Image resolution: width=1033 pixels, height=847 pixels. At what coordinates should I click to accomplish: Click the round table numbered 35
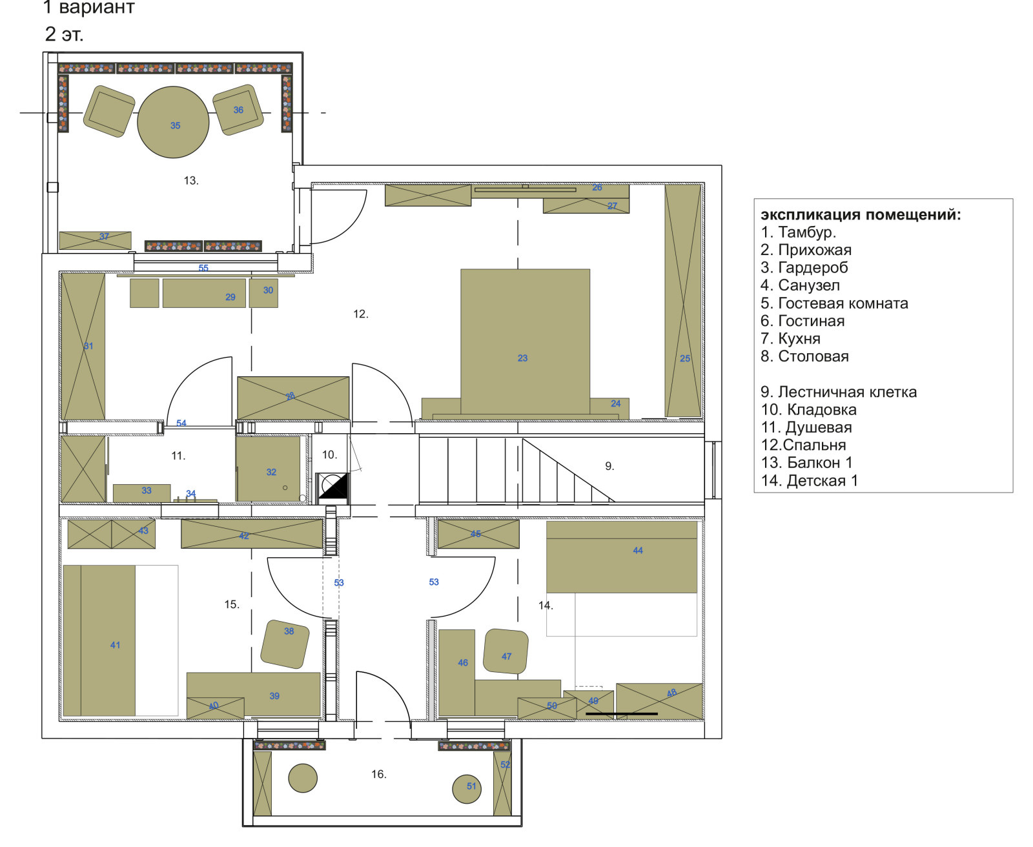(173, 122)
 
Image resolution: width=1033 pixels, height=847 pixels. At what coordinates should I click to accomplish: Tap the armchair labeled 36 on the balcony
(238, 110)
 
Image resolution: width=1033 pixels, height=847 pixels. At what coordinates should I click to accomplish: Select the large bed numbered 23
(525, 342)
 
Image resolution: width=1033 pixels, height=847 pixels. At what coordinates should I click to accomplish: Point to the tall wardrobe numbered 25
(683, 301)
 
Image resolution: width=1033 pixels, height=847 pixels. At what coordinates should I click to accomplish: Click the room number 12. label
(360, 314)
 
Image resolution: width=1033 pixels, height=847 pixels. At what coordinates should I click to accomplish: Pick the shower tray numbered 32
(269, 469)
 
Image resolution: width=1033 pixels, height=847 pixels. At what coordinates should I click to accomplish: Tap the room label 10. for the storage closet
(329, 454)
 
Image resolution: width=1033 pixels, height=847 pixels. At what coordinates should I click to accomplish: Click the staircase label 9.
(609, 466)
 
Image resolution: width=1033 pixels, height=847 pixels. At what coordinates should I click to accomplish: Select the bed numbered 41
(99, 641)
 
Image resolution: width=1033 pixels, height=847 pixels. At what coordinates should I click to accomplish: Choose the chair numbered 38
(285, 645)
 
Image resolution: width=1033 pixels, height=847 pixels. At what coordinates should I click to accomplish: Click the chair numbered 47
(506, 651)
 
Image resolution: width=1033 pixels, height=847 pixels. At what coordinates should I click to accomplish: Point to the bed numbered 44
(622, 557)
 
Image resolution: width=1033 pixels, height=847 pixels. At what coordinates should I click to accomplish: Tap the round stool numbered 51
(467, 789)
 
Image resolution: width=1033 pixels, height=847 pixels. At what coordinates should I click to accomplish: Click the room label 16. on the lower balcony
(378, 774)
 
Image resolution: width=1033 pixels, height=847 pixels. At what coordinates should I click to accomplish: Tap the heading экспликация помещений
(861, 214)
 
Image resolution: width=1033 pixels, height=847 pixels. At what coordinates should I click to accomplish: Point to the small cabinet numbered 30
(263, 293)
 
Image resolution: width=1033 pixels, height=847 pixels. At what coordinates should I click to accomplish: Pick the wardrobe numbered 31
(83, 346)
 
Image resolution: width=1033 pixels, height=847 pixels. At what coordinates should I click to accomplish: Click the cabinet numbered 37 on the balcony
(95, 241)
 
